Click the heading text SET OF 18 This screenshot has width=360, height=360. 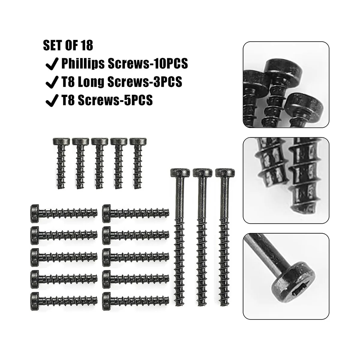pos(68,46)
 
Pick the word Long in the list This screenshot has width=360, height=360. pos(90,82)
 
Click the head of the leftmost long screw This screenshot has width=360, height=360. pos(180,173)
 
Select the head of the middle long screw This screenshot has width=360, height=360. pos(202,173)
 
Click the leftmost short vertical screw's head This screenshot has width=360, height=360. pos(61,141)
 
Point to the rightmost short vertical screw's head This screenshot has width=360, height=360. pos(138,141)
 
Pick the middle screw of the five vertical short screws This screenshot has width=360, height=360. pos(100,163)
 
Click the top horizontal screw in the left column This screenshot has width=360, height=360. pos(64,213)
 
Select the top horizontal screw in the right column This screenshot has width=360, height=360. pos(136,213)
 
